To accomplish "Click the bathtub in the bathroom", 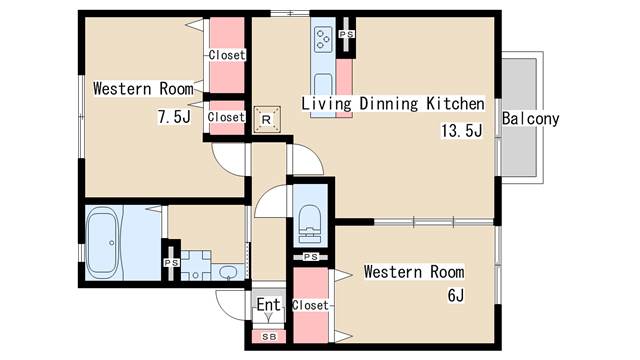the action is tap(104, 243).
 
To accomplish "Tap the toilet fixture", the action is tap(310, 224).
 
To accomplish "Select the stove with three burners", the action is tap(323, 39).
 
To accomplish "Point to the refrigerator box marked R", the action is tap(267, 119).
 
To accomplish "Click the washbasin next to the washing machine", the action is tap(228, 272).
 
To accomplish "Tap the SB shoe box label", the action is tap(269, 337).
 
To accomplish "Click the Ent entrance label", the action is tap(269, 304).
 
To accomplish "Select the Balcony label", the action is tap(530, 119).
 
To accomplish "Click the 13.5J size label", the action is tap(462, 131).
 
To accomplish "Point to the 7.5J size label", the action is tap(174, 117).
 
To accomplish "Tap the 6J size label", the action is tap(456, 295).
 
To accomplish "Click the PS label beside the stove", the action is tap(347, 34).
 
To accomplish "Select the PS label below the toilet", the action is tap(311, 257).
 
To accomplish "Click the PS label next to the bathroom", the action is tap(172, 263).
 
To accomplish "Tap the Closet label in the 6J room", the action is tap(310, 305).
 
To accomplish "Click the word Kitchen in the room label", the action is tap(456, 103).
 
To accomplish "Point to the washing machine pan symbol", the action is tap(196, 265).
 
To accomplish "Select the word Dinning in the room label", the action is tap(389, 104).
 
